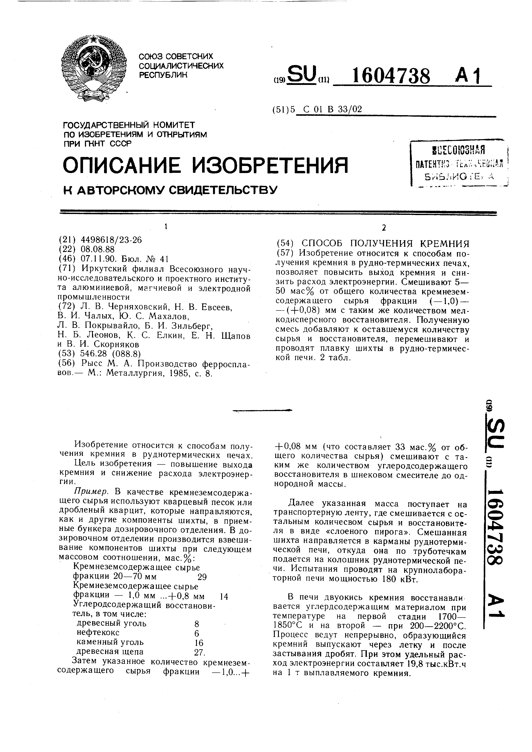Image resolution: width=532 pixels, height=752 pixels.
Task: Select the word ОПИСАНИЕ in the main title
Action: pyautogui.click(x=122, y=165)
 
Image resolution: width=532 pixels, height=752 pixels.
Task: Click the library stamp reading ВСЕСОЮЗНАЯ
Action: pyautogui.click(x=459, y=151)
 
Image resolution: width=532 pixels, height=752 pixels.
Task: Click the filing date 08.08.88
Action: pyautogui.click(x=97, y=249)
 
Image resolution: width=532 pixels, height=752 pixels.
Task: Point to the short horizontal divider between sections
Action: pyautogui.click(x=262, y=410)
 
